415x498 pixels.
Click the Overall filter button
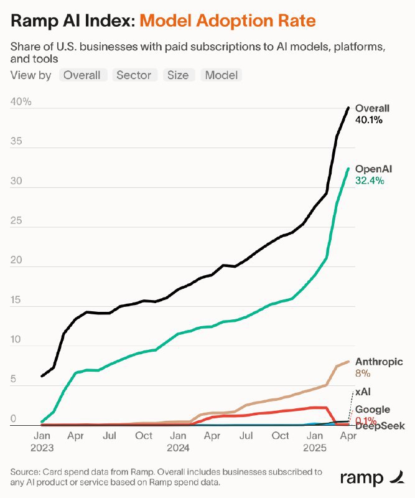click(82, 75)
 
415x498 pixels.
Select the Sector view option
click(134, 75)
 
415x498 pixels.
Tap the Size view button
click(177, 75)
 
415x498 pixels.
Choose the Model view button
click(221, 75)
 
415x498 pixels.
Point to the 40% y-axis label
click(21, 102)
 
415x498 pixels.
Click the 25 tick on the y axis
click(17, 222)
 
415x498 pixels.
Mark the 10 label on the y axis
click(16, 341)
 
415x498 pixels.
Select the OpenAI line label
click(373, 169)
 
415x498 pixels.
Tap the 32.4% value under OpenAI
click(370, 181)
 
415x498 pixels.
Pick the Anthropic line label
click(379, 362)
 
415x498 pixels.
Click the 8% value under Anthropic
click(363, 374)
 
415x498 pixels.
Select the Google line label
click(373, 410)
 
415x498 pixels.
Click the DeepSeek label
click(380, 426)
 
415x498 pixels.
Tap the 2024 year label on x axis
click(178, 447)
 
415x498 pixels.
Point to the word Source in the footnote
click(26, 472)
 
